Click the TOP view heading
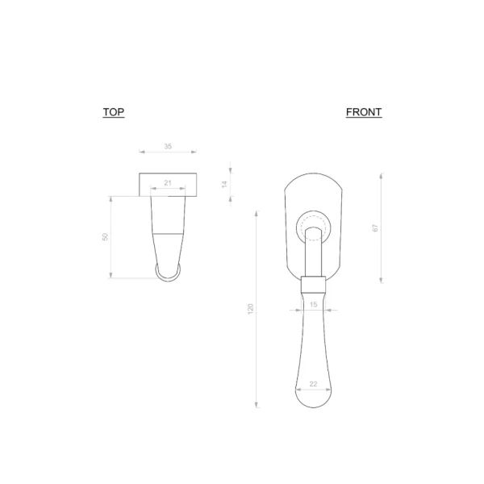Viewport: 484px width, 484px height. tap(114, 112)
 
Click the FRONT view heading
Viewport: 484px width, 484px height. tap(364, 112)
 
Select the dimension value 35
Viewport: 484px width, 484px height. tap(168, 146)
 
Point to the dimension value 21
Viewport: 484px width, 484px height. tap(168, 183)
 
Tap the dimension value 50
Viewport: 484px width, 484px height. tap(105, 237)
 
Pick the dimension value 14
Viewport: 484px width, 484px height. tap(224, 184)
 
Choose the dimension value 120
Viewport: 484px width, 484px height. tap(250, 309)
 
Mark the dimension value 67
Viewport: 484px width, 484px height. tap(375, 228)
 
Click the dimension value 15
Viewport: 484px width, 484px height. tap(313, 305)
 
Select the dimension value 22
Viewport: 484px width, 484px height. tap(313, 384)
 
